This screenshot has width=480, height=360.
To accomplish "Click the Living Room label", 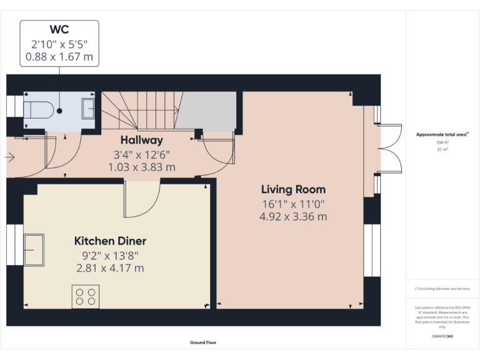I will (x=293, y=189).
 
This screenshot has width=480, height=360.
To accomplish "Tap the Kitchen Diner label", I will (x=110, y=241).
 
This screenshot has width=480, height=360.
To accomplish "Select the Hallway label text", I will (x=141, y=140).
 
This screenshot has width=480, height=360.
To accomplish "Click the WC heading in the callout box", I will (x=59, y=29).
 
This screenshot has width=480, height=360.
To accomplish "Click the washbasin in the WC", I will (x=88, y=109).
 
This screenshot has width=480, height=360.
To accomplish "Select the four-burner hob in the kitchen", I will (x=86, y=296).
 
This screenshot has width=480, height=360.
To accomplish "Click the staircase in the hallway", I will (x=140, y=109).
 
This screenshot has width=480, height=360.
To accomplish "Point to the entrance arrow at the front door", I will (x=10, y=157).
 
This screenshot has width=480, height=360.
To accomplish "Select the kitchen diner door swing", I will (x=141, y=199).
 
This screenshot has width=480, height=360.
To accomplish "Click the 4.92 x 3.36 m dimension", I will (x=293, y=217).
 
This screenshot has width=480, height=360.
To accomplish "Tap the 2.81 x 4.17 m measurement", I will (x=110, y=268).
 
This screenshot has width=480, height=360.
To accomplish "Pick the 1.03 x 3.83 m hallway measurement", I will (x=141, y=167).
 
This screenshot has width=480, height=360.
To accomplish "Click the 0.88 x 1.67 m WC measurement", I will (x=59, y=56).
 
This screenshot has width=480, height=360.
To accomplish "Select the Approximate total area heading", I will (x=442, y=134).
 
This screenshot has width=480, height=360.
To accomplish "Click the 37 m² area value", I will (x=442, y=149).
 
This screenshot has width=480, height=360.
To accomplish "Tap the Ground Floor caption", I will (x=203, y=342).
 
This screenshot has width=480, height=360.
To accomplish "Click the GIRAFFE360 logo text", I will (x=442, y=336).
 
